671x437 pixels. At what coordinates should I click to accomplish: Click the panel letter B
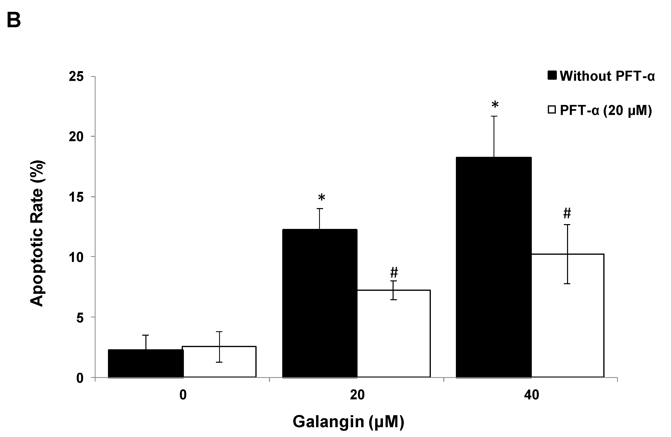(x=14, y=20)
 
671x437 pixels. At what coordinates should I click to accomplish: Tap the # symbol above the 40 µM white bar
(x=567, y=213)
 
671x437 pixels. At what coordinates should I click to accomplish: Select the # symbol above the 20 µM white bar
(x=394, y=273)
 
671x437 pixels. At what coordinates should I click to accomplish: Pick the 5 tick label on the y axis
(x=80, y=317)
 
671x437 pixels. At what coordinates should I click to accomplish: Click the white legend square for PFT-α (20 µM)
(x=551, y=110)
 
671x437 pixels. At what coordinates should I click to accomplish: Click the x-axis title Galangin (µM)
(x=349, y=422)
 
